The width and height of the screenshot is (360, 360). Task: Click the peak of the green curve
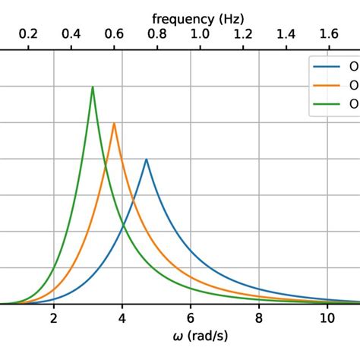[x=93, y=87]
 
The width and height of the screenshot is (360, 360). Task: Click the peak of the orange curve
[x=114, y=123]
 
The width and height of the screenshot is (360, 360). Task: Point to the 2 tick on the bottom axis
[x=54, y=318]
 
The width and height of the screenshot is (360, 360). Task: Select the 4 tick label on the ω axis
[x=122, y=318]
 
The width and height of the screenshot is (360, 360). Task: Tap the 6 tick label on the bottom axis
[x=191, y=318]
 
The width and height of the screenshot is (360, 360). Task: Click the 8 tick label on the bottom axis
[x=259, y=318]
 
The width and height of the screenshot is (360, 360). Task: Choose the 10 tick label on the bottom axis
[x=327, y=318]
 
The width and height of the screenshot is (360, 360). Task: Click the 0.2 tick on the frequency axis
[x=28, y=34]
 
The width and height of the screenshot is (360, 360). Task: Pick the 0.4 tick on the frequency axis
[x=71, y=34]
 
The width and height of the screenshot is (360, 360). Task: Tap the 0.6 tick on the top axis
[x=114, y=34]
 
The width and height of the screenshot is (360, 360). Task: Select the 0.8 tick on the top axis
[x=157, y=34]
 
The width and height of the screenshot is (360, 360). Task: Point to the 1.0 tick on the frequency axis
[x=200, y=34]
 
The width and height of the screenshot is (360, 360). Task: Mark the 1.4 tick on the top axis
[x=286, y=34]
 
